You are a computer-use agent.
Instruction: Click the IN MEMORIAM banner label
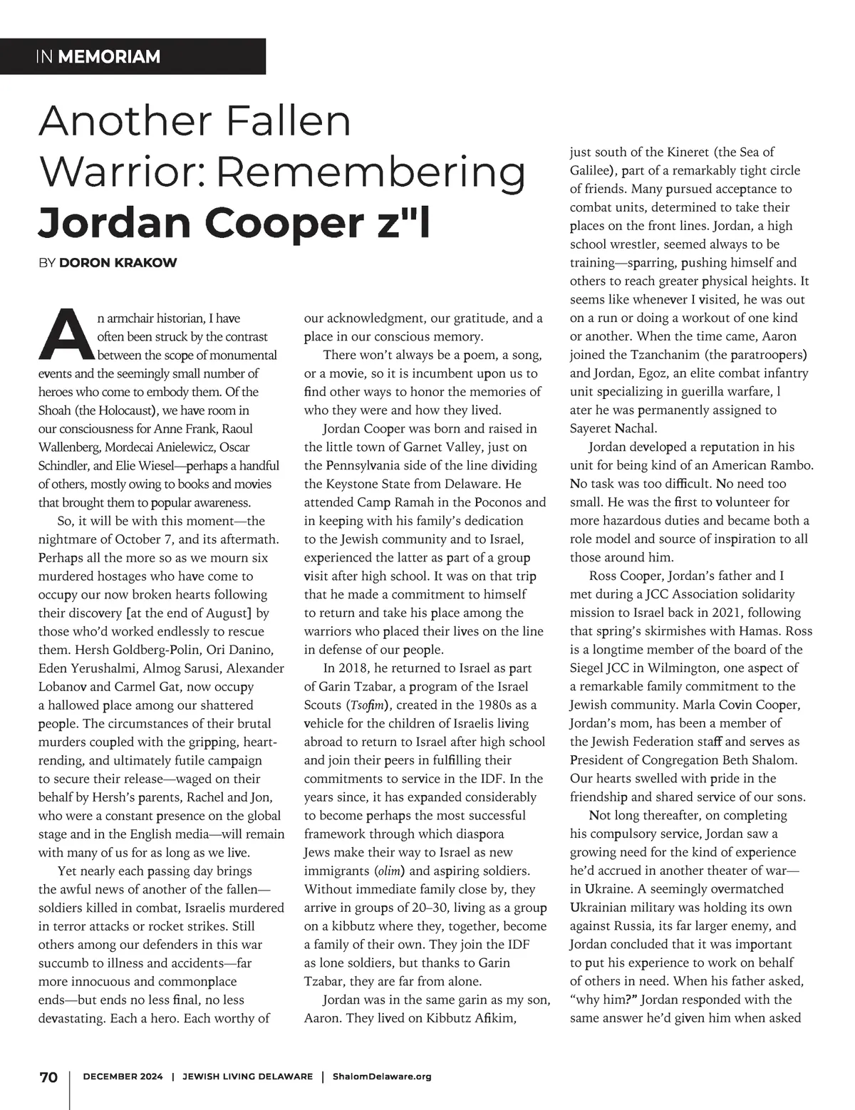click(98, 56)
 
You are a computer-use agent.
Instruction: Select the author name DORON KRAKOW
click(118, 263)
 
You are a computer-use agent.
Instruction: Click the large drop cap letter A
click(67, 335)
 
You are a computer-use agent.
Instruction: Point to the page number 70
click(48, 1077)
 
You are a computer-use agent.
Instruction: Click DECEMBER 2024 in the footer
click(123, 1077)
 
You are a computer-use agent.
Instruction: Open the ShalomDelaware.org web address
click(382, 1077)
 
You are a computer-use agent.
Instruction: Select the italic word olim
click(389, 871)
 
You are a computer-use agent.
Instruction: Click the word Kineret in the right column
click(689, 152)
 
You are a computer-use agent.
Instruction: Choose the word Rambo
click(789, 466)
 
